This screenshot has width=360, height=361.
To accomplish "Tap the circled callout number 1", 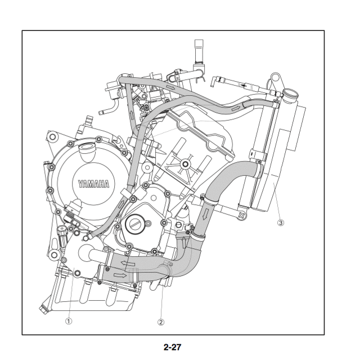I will coord(68,321).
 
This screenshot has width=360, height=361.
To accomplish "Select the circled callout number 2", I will coord(161,322).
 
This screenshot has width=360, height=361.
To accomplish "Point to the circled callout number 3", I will coord(281,222).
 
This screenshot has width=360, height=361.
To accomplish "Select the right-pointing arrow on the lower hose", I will coord(120,275).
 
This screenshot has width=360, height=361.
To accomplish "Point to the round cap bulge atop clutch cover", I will coord(87,150).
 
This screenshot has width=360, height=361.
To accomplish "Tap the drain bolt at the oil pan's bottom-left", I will coord(40,309).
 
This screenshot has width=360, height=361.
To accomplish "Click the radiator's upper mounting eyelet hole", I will coord(274,77).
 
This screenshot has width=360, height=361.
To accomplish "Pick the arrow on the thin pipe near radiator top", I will coord(243,85).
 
